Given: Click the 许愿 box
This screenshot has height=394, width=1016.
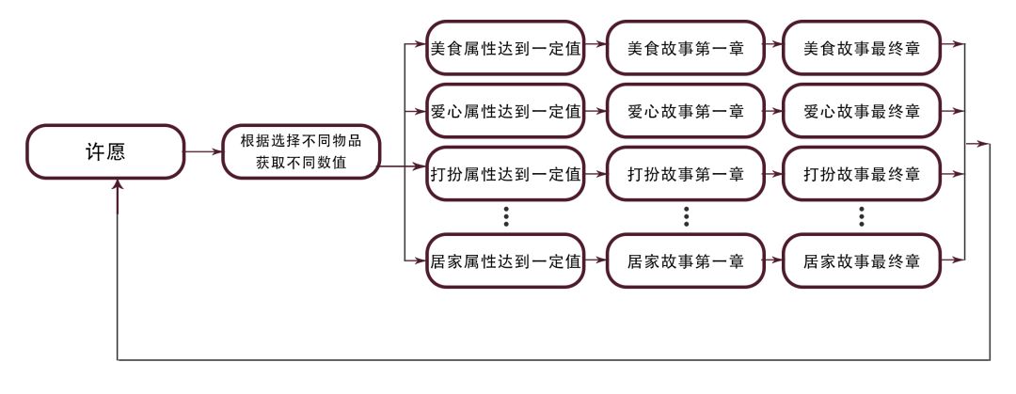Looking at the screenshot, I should tap(105, 151).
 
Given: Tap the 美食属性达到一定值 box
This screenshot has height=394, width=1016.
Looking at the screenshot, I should tap(504, 48).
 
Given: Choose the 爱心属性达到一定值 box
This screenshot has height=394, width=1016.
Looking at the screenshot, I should tap(504, 111).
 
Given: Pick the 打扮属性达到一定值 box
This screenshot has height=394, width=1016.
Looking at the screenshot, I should tap(504, 174).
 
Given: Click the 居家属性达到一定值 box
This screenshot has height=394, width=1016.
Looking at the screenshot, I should tap(504, 260).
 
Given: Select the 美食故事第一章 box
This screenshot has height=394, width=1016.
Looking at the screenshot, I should tap(686, 48).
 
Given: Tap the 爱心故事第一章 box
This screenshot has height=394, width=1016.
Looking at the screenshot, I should tap(686, 111).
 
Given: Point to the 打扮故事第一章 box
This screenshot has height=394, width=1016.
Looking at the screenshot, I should tap(686, 174).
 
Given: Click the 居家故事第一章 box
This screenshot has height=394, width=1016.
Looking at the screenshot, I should tap(686, 260).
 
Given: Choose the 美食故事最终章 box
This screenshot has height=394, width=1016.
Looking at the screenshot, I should tap(862, 48).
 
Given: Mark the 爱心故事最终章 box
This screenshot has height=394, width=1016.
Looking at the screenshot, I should tap(862, 111).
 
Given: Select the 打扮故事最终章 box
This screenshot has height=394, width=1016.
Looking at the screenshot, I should tap(862, 174).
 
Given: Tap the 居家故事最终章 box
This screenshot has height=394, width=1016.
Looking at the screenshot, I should tap(862, 260).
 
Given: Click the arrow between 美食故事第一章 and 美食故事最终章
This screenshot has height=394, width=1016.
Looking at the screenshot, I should tap(773, 48).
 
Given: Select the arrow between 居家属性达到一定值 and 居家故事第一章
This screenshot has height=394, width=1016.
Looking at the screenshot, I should tap(595, 260).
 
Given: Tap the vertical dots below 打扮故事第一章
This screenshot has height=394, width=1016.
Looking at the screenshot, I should tap(687, 217).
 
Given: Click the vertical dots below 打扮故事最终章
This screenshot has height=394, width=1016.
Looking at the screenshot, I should tap(863, 217).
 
